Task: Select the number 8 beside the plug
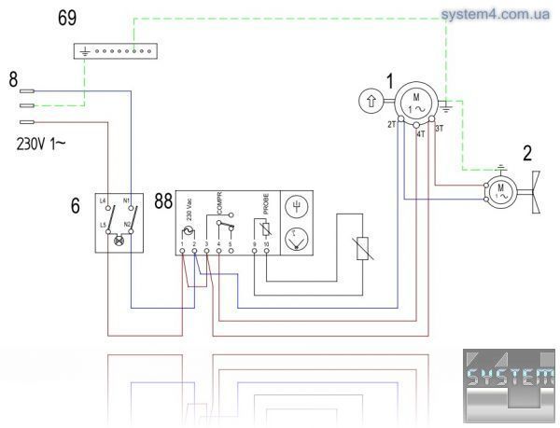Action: click(x=13, y=81)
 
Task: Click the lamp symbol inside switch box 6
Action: click(x=119, y=241)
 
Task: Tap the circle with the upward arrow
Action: click(x=371, y=100)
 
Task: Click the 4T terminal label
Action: click(x=420, y=133)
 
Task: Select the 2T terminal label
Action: click(x=392, y=125)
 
